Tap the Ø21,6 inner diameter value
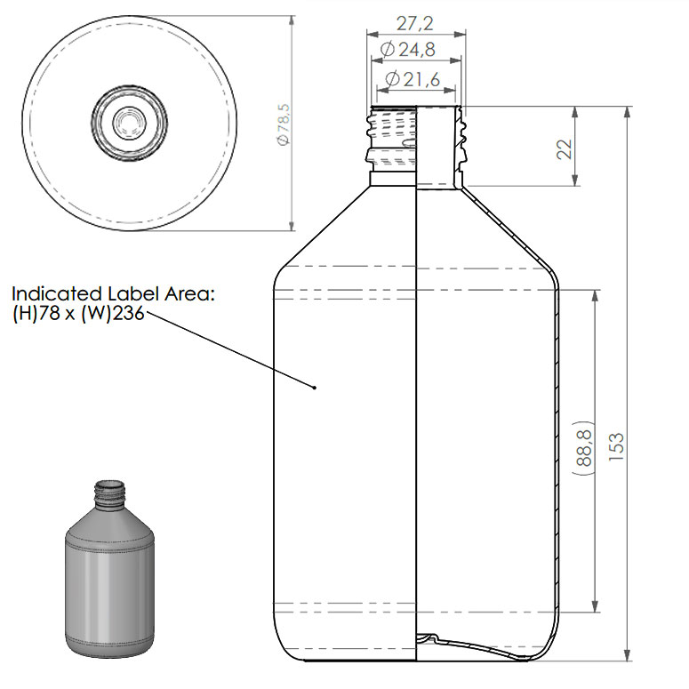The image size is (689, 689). (x=416, y=80)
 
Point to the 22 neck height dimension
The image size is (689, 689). (x=563, y=148)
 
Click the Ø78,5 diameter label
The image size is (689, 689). (x=284, y=124)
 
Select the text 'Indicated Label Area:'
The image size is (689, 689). (x=113, y=293)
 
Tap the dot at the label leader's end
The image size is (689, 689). (x=316, y=388)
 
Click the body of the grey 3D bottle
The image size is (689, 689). (x=111, y=587)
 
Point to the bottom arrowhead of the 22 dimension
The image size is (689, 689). (x=576, y=181)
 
